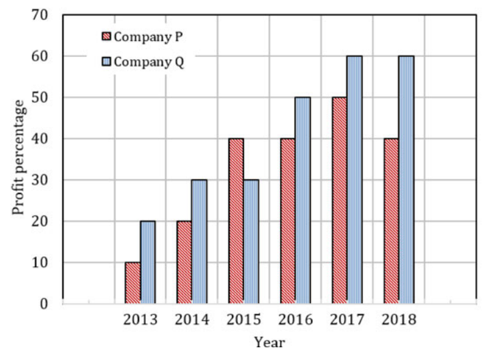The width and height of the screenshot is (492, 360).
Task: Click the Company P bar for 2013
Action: tap(133, 283)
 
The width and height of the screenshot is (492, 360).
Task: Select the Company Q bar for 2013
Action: tap(148, 262)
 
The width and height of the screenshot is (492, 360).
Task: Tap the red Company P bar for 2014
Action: tap(184, 262)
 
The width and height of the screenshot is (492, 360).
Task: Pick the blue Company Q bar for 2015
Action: tap(251, 242)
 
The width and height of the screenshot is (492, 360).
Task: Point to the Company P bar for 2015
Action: tap(236, 221)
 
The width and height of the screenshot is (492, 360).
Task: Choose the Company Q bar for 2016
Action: tap(303, 201)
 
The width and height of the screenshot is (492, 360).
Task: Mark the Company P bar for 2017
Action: tap(340, 201)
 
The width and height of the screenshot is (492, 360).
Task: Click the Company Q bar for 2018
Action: tap(406, 180)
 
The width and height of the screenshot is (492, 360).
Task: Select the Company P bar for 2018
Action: tap(391, 221)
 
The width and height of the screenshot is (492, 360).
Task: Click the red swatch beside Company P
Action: tap(106, 36)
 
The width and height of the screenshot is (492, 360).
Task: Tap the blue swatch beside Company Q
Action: tap(106, 62)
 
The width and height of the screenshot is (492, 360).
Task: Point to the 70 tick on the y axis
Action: tap(40, 15)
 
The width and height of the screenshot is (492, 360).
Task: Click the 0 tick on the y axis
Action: tap(44, 304)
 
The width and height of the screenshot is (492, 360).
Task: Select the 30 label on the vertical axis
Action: tap(40, 180)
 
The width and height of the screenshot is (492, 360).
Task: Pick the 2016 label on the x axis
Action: tap(295, 320)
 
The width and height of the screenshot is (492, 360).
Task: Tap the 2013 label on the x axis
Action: tap(140, 320)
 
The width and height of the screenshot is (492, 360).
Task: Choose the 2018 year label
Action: tap(399, 320)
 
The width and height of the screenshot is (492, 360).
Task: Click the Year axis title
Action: tap(269, 342)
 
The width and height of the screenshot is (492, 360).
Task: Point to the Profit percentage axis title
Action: tap(19, 157)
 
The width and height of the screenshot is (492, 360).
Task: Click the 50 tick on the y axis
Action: tap(40, 98)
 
